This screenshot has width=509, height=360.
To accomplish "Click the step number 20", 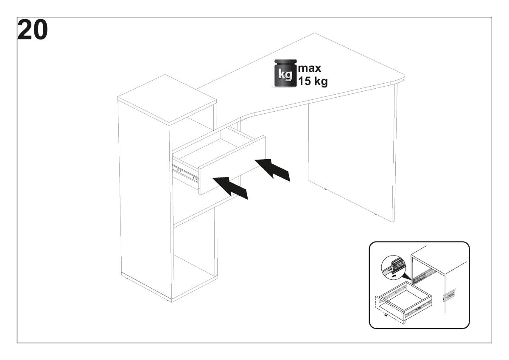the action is tap(33, 30).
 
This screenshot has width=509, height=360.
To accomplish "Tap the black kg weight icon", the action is tap(285, 73).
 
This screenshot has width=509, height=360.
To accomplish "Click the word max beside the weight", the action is tap(310, 68).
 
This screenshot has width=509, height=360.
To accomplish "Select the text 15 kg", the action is tap(313, 81).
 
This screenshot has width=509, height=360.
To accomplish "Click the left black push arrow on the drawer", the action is tap(230, 188).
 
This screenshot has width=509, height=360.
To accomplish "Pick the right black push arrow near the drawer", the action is tap(272, 169).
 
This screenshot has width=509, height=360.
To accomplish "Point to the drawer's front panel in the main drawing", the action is tap(232, 165).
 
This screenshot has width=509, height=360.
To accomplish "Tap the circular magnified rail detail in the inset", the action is tap(393, 267).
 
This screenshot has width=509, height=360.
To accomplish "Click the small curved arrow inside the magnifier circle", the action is tap(394, 276).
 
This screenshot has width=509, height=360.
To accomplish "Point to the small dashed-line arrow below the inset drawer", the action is tap(385, 315).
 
